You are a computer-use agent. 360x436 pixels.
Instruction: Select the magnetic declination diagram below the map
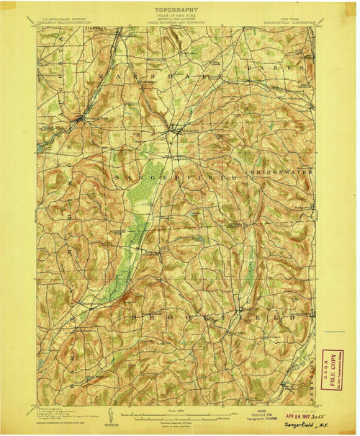pos(109,414)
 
